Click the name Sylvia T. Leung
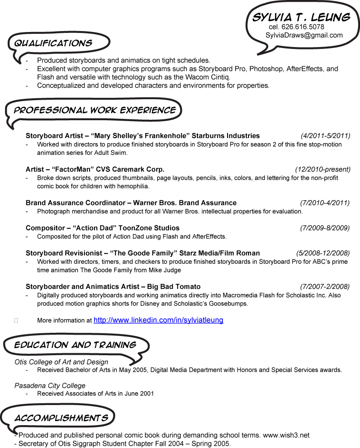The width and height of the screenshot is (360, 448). [x=301, y=17]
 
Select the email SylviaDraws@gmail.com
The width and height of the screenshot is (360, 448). [x=304, y=35]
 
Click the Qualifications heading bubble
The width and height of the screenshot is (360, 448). [x=53, y=43]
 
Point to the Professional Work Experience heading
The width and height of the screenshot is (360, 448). [x=95, y=110]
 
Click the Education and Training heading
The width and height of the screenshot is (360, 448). [x=75, y=345]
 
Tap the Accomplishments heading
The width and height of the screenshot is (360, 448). [x=61, y=418]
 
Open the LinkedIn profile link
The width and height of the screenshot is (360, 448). [x=158, y=320]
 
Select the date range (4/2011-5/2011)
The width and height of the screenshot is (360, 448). [x=325, y=136]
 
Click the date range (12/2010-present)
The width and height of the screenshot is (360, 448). [x=323, y=169]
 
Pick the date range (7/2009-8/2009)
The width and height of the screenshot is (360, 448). [x=325, y=228]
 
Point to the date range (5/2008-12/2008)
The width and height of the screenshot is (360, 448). [x=323, y=253]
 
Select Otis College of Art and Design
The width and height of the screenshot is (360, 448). [x=61, y=362]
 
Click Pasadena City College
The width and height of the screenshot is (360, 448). [x=50, y=385]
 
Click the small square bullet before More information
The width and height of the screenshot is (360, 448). [x=16, y=321]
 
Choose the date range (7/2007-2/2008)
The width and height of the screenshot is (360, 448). [x=325, y=287]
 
